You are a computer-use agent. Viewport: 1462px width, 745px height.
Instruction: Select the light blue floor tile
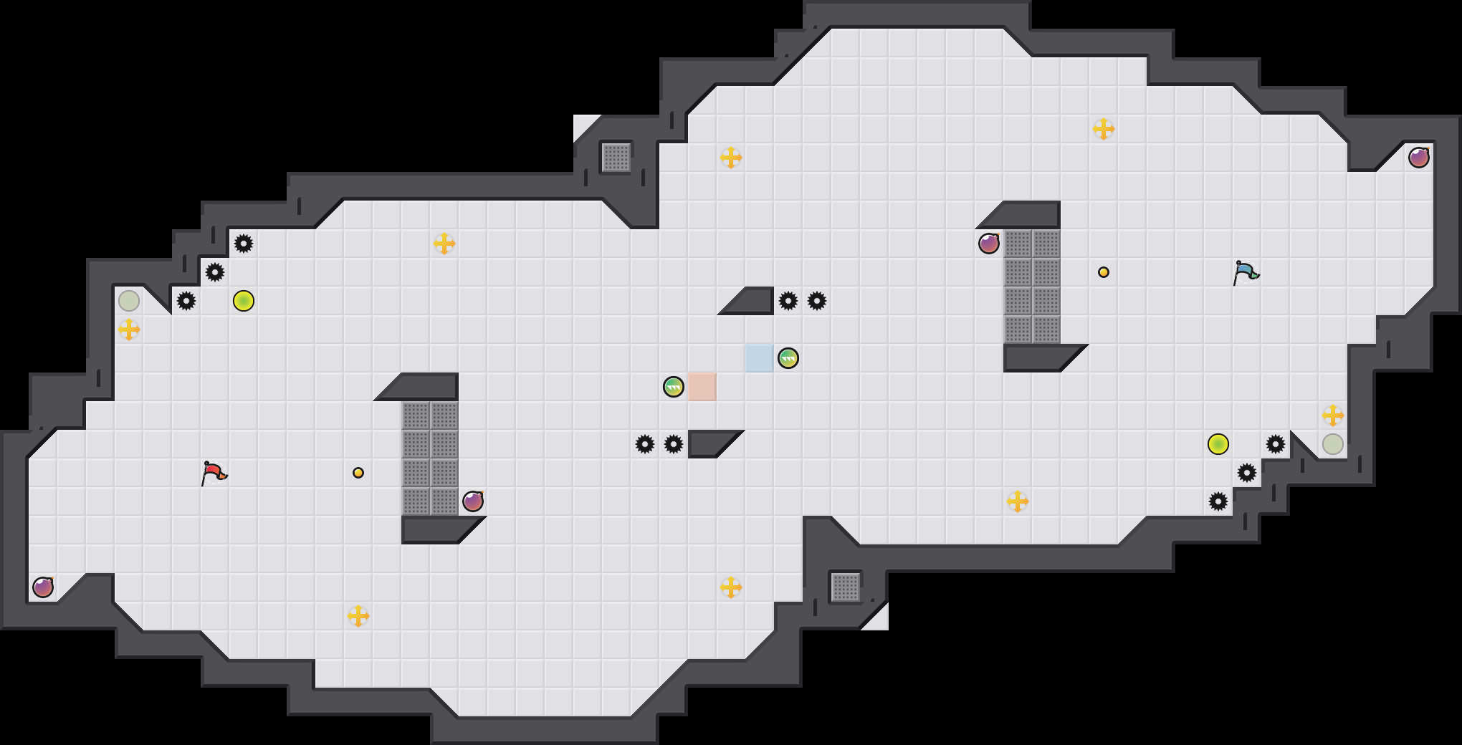(x=759, y=357)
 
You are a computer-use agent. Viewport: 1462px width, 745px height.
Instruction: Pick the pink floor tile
(x=702, y=387)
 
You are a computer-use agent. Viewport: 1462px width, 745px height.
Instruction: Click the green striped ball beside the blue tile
(x=788, y=358)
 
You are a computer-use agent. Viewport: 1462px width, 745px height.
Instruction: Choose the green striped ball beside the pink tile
(x=674, y=387)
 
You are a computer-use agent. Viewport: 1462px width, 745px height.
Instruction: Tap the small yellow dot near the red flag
(x=358, y=473)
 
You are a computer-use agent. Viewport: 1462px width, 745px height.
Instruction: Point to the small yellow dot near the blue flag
(x=1104, y=272)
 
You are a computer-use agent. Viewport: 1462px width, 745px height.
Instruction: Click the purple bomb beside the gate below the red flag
(x=473, y=501)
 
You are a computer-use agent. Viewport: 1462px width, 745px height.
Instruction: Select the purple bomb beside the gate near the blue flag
(x=989, y=244)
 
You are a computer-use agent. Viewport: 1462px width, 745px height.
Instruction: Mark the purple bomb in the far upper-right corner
(x=1419, y=158)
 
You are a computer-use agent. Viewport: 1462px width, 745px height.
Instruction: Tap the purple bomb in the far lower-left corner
(x=43, y=587)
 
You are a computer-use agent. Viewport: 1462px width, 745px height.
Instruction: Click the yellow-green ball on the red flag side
(x=244, y=301)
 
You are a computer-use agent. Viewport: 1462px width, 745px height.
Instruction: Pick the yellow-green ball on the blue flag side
(x=1218, y=444)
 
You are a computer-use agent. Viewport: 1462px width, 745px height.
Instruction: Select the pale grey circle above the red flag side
(x=129, y=301)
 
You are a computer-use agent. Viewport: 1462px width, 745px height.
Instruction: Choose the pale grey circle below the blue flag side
(x=1333, y=444)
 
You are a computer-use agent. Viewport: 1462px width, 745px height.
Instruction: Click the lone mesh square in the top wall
(x=616, y=158)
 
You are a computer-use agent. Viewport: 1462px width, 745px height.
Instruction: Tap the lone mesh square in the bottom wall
(x=846, y=587)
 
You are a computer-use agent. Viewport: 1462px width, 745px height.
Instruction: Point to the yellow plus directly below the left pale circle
(x=129, y=330)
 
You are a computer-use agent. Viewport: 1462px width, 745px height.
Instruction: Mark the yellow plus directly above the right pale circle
(x=1333, y=415)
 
